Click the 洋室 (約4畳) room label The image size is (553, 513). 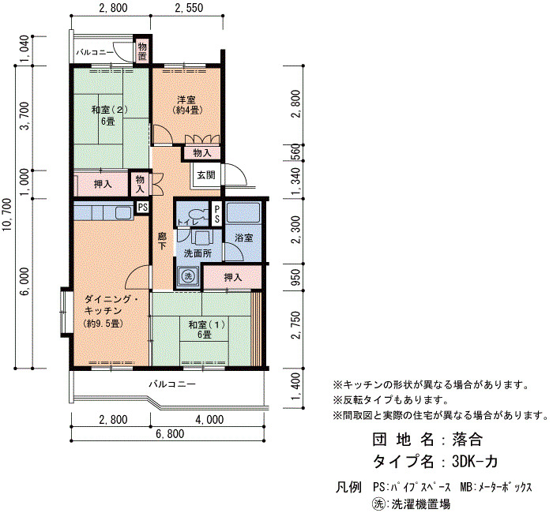[x=187, y=105]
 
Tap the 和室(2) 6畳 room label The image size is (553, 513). [x=109, y=115]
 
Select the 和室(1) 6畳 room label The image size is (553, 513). [x=205, y=329]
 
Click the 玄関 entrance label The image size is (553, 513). [x=205, y=174]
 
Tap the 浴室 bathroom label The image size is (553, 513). [x=243, y=238]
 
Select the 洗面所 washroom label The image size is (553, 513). [x=197, y=253]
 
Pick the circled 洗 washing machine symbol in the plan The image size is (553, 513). [x=188, y=276]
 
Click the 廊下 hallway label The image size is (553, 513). [x=162, y=241]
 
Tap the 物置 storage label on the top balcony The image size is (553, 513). [x=142, y=51]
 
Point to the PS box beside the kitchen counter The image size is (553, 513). [x=142, y=207]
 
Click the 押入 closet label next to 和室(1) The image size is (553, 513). [x=233, y=277]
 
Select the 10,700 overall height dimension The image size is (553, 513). [x=8, y=215]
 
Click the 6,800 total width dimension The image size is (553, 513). [x=170, y=434]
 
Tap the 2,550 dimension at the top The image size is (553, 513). [x=190, y=8]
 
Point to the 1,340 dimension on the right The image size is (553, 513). [x=296, y=181]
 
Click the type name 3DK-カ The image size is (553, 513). [x=475, y=461]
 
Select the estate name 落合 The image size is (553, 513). [x=467, y=440]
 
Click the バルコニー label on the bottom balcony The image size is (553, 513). [x=172, y=384]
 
